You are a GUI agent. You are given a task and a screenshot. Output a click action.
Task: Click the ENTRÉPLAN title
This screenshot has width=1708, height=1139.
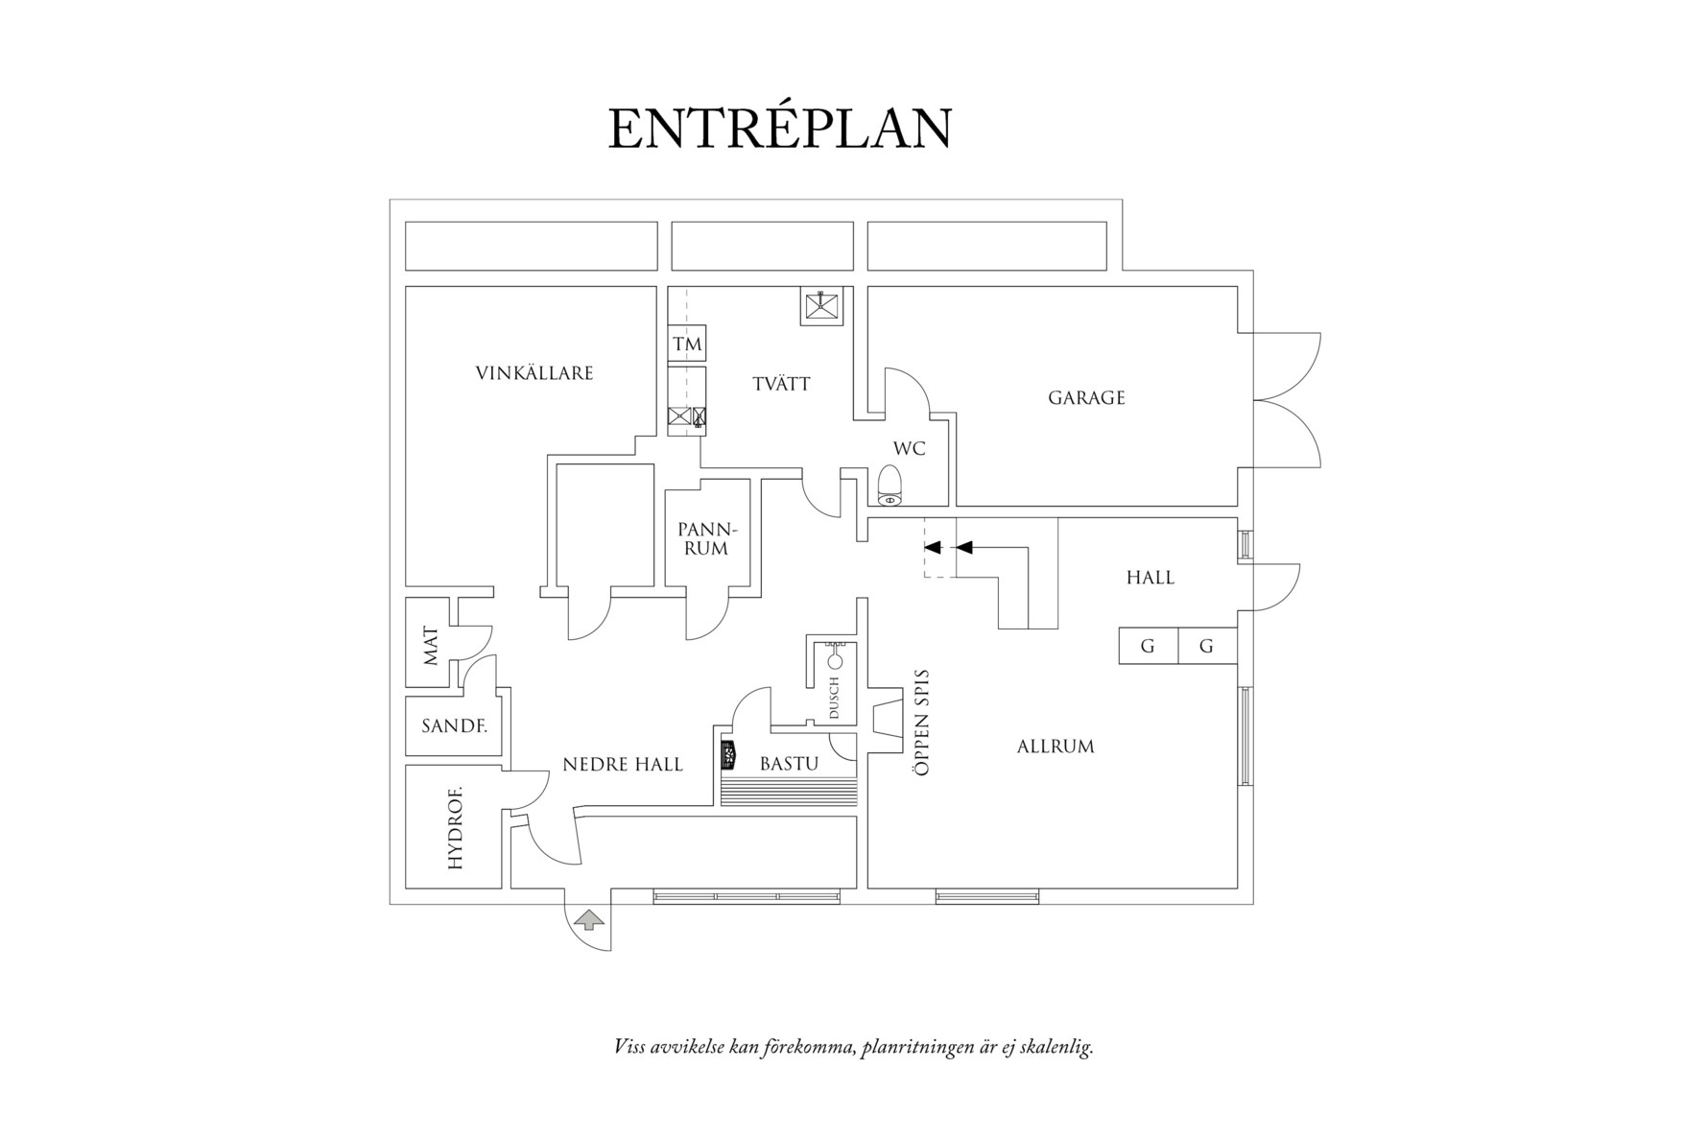point(780,129)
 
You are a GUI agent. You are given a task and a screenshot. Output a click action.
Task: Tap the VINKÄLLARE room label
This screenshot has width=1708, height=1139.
point(534,372)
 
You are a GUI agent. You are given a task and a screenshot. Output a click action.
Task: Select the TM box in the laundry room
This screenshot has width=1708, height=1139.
point(687,344)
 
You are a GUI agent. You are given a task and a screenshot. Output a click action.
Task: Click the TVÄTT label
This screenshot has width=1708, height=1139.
point(781,384)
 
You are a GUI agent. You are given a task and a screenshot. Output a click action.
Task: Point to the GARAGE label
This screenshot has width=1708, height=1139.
point(1086,397)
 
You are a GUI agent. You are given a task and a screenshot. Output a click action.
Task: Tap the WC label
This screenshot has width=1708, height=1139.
point(910,448)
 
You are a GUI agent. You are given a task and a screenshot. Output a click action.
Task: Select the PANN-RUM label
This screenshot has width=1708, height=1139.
point(708,539)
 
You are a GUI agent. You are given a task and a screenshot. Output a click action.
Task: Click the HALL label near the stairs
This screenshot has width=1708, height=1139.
point(1151,578)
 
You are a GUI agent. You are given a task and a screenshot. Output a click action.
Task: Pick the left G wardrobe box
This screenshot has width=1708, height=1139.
point(1149,646)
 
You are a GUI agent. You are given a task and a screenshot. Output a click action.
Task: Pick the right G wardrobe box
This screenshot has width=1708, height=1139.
point(1207,646)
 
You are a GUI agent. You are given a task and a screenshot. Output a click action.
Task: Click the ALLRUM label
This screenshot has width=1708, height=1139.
point(1056,746)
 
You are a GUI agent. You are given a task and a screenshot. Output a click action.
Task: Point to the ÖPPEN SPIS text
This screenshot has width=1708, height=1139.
point(922,722)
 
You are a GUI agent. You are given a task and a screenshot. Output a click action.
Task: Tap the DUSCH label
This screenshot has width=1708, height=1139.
point(834,699)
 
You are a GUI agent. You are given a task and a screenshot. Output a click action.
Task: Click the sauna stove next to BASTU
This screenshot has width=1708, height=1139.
point(728,754)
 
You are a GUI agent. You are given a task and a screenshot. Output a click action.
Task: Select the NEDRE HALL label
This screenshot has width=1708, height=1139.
point(623,765)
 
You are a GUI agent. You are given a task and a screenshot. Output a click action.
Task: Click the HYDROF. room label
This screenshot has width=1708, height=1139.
point(455,827)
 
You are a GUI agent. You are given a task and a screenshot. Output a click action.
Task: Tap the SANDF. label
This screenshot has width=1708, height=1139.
point(455,726)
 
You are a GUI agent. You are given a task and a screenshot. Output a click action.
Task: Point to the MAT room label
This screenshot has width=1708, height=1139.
point(430,646)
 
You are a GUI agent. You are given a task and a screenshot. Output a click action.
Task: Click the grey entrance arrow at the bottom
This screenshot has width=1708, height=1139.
point(588,921)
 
